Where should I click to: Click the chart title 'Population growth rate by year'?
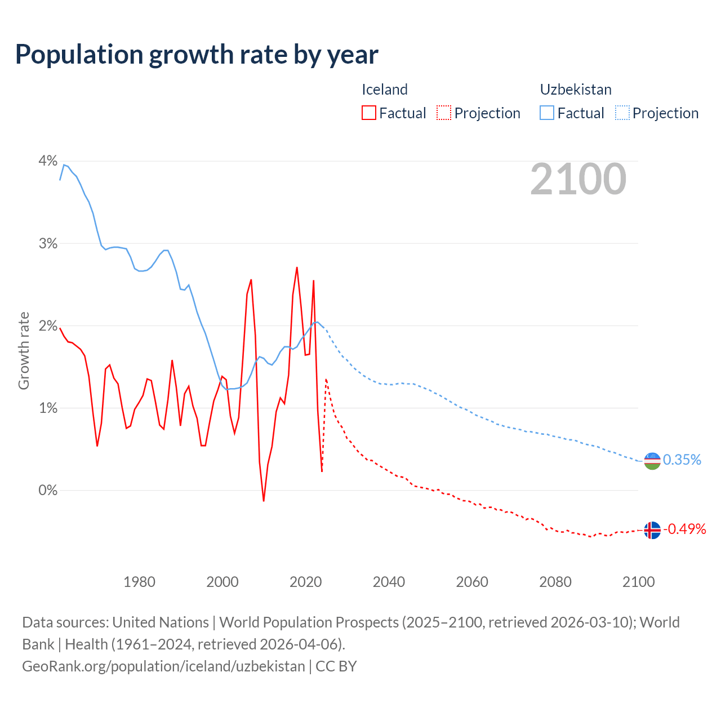197,55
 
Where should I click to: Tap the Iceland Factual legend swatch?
369,113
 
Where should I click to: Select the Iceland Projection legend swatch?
444,113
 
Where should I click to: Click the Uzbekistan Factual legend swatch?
547,113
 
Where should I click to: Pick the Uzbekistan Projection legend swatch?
622,113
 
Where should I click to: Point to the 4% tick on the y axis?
48,161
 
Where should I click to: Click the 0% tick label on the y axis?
48,490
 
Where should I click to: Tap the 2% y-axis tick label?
48,326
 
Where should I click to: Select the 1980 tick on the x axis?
139,582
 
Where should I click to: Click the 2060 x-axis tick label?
472,582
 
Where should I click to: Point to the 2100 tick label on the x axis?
638,582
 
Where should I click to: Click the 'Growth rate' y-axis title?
24,350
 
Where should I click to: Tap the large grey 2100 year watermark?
578,179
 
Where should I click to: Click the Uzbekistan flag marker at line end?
652,461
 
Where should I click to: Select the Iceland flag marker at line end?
652,530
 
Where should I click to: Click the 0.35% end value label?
682,460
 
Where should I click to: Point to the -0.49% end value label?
684,529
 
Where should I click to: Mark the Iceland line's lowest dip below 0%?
264,500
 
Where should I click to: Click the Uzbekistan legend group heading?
576,90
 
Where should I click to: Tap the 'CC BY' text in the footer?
336,666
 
